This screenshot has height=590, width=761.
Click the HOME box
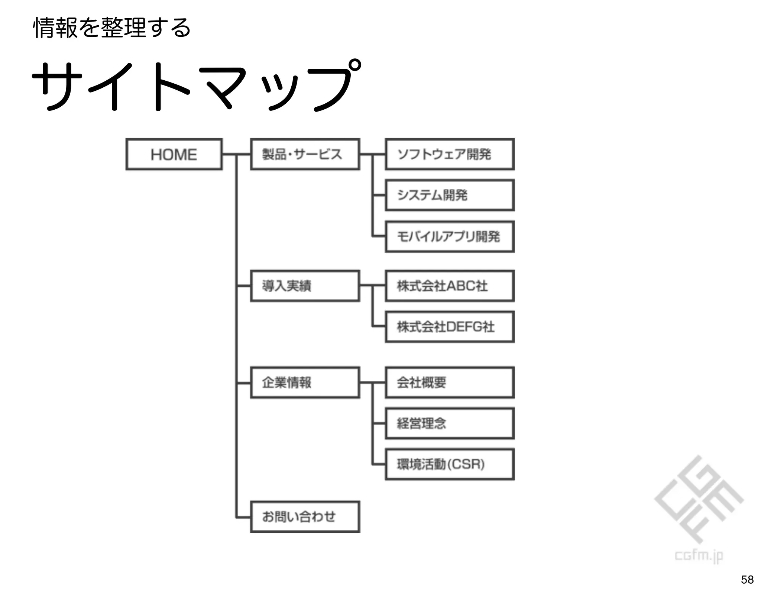(174, 154)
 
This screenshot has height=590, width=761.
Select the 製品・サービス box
(305, 154)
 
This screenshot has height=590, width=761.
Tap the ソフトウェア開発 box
(450, 154)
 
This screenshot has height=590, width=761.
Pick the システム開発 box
(450, 195)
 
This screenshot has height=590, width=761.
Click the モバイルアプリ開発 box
(450, 236)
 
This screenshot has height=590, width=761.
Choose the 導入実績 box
(305, 286)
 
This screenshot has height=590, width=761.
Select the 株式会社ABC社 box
(450, 286)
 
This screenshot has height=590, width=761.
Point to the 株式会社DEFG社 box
(450, 327)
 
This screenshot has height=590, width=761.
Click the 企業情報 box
(305, 383)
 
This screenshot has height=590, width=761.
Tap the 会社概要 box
(450, 383)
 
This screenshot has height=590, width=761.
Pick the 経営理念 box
(450, 423)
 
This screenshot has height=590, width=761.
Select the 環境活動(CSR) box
(450, 464)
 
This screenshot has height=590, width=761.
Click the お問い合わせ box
(305, 517)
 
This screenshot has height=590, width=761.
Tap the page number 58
(747, 579)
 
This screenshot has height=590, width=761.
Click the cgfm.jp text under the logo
(699, 556)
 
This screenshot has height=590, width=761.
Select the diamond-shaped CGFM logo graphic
(699, 500)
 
